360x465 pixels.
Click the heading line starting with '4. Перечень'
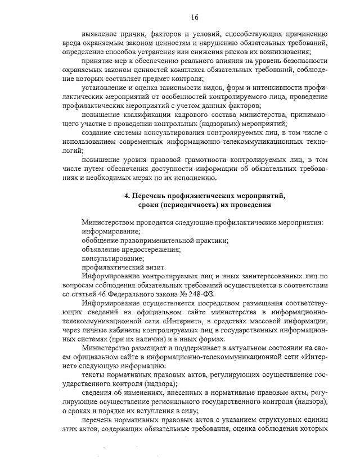pyautogui.click(x=205, y=196)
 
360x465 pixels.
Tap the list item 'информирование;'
pyautogui.click(x=111, y=231)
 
